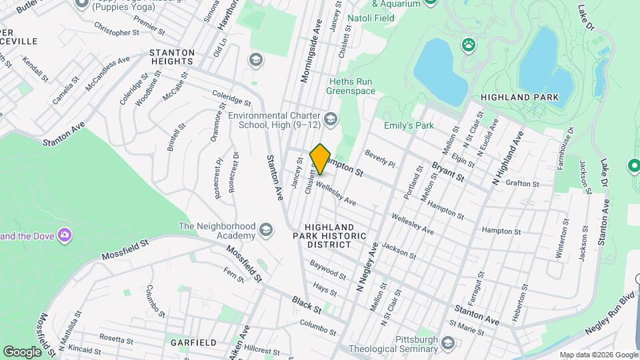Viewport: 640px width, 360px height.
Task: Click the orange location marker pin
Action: point(321,159)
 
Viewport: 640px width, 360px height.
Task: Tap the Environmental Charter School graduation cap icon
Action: point(331,119)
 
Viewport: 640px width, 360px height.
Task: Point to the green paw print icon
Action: point(469,45)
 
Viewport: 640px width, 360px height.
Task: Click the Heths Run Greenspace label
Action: point(350,86)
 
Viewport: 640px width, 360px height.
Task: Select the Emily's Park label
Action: point(408,125)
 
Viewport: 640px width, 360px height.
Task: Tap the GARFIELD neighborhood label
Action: point(193,342)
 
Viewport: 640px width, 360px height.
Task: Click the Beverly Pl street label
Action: point(380,158)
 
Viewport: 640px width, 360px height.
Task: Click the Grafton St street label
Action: point(523,181)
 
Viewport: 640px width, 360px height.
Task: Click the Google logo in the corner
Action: point(22,351)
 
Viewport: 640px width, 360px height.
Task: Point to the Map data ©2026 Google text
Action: point(598,355)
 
